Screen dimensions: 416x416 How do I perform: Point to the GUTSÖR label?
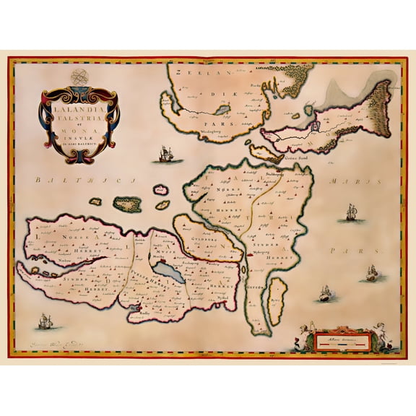[256, 286]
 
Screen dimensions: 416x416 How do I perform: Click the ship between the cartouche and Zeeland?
[166, 153]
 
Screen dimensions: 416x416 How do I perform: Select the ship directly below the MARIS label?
[352, 213]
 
